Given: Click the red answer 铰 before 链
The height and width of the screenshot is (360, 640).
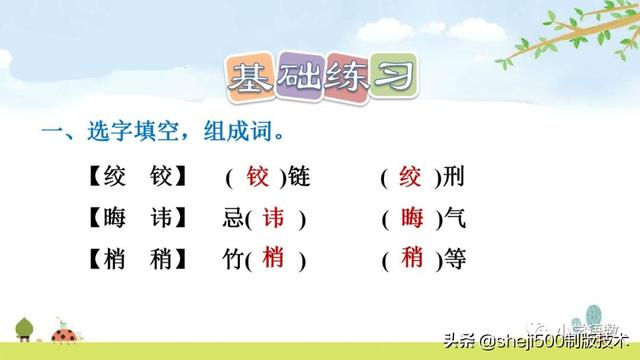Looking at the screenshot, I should [259, 178].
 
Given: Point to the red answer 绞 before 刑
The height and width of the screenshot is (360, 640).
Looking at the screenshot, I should [411, 178].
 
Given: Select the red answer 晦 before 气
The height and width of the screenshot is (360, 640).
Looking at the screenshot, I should [411, 218].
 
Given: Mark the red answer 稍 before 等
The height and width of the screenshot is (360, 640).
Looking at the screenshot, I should [411, 258].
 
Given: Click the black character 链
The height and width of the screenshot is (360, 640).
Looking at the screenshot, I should [299, 179].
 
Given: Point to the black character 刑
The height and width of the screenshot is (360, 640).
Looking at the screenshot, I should [454, 179].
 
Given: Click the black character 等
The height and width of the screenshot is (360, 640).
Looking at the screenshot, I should [454, 259].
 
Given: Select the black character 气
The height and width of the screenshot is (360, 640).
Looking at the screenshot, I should [454, 219].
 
